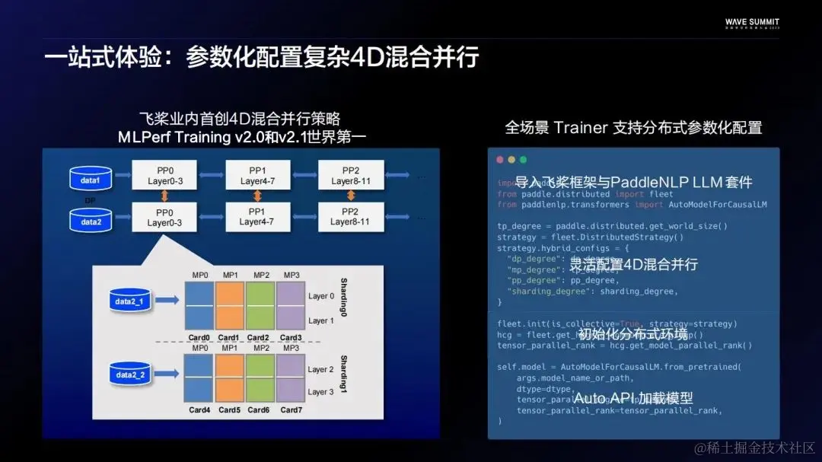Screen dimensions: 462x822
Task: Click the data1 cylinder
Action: coord(91,180)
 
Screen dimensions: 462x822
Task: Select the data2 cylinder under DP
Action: coord(91,221)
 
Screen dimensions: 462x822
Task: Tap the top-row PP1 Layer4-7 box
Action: coord(256,176)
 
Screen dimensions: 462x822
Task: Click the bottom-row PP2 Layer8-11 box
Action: coord(349,216)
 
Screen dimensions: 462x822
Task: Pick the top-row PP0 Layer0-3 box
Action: coord(164,176)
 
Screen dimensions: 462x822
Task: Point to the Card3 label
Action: coord(291,338)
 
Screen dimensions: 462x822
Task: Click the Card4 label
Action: coord(199,410)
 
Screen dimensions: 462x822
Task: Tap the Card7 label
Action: coord(291,410)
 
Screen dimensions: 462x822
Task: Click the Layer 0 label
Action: coord(320,296)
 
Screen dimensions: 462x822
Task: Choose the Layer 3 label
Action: coord(320,392)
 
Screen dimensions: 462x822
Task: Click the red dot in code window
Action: coord(500,160)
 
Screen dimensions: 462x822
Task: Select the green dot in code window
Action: coord(522,160)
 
